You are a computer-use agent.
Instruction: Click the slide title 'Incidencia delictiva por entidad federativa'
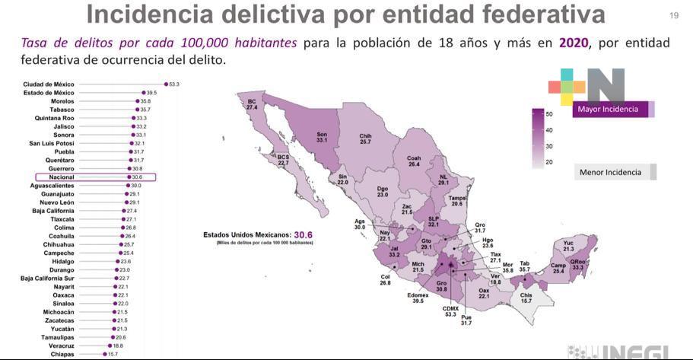point(345,14)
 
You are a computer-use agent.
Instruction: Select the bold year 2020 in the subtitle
point(574,43)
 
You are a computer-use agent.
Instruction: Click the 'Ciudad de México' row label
point(49,84)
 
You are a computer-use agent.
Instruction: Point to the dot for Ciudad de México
point(165,84)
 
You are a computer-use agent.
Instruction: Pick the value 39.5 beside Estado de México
point(151,92)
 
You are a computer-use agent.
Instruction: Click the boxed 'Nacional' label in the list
point(62,177)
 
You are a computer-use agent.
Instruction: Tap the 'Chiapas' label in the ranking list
point(62,354)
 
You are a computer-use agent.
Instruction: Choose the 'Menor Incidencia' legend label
point(610,172)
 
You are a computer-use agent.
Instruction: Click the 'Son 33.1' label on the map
point(321,138)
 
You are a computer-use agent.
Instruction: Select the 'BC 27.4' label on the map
point(252,104)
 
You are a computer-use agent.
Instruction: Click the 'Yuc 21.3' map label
point(568,246)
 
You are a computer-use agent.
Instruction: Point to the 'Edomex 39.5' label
point(418,298)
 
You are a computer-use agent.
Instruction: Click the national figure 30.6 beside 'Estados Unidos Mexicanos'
point(304,235)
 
